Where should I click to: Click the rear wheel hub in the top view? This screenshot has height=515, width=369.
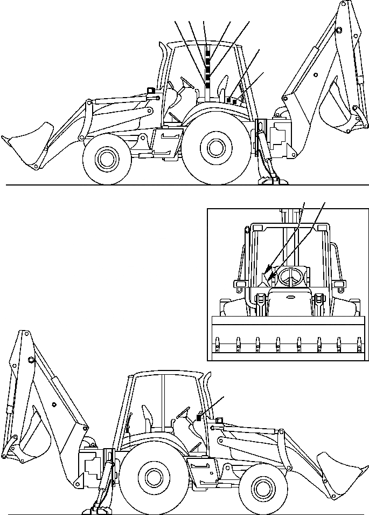pyautogui.click(x=215, y=147)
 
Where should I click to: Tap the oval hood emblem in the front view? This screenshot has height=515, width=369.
pyautogui.click(x=289, y=296)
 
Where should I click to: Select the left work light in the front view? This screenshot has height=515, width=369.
pyautogui.click(x=238, y=284)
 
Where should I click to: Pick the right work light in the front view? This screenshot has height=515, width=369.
pyautogui.click(x=339, y=284)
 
